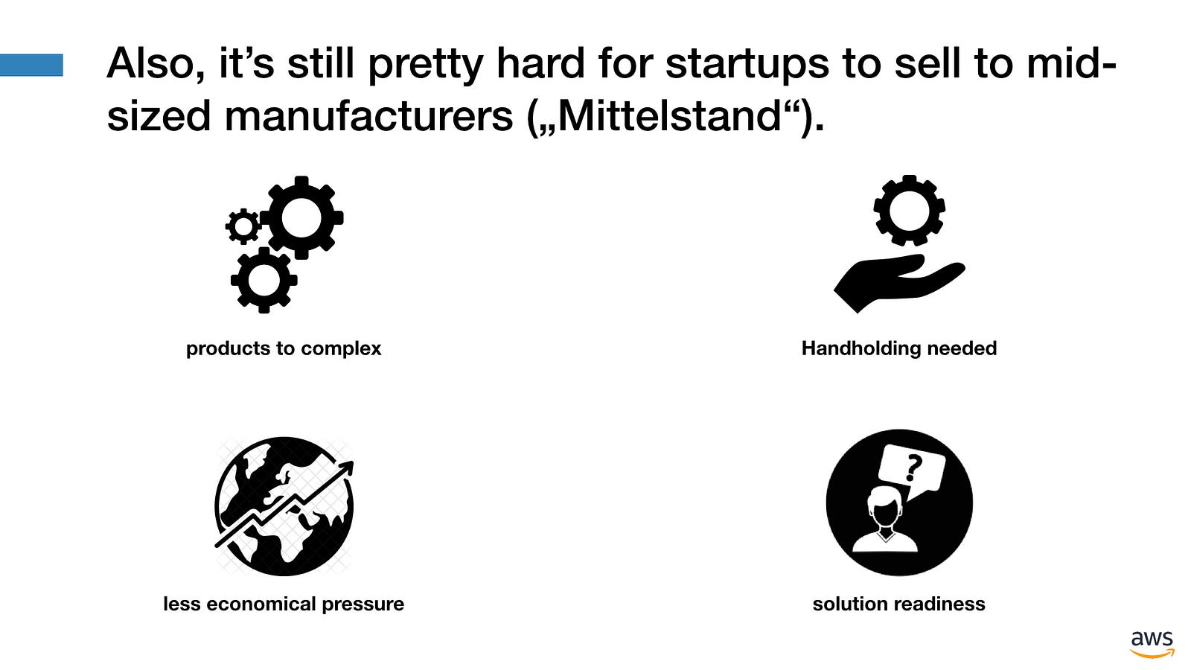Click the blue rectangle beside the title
[31, 65]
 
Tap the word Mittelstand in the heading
[669, 116]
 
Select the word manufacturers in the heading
[368, 116]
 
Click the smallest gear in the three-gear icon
[243, 226]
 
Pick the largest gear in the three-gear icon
[301, 217]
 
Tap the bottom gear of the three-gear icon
[264, 280]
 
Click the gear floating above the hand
[909, 211]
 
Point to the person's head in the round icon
[885, 507]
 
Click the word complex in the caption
[341, 349]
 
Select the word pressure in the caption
[363, 604]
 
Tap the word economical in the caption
[261, 604]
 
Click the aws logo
[1152, 644]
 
